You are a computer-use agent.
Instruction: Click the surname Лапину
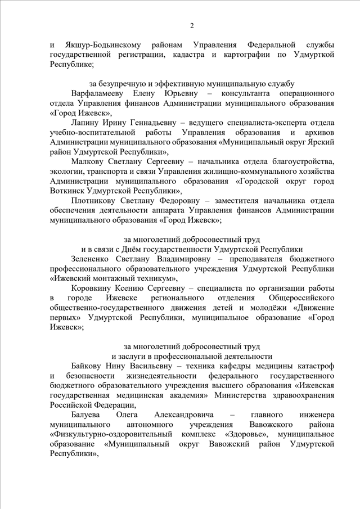85,121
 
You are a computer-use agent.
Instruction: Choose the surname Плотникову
97,200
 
